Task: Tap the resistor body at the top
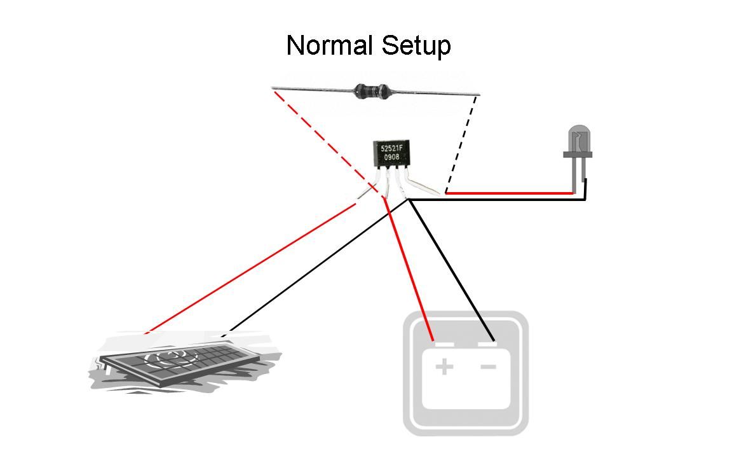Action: [x=372, y=91]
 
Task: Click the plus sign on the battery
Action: [x=444, y=366]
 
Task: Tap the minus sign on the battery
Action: [x=488, y=366]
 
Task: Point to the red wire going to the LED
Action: [x=508, y=192]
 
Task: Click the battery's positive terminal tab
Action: [x=443, y=344]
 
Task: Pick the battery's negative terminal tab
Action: [x=487, y=344]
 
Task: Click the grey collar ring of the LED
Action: [x=578, y=154]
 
